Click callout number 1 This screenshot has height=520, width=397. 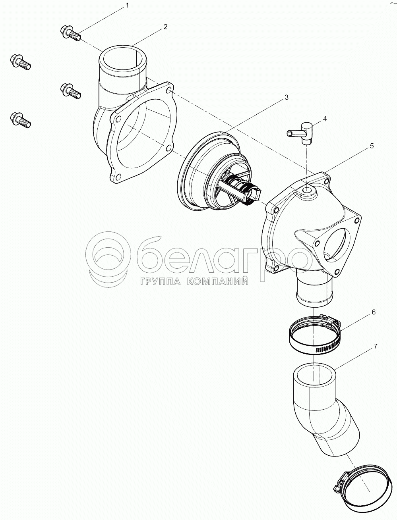(x=127, y=6)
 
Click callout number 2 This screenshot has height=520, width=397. (x=166, y=27)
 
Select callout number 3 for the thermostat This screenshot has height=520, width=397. (x=287, y=97)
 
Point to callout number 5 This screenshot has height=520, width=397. (x=372, y=146)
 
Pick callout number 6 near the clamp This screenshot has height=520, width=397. (x=374, y=312)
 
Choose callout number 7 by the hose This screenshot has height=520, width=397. (x=375, y=347)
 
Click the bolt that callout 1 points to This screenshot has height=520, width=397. (x=71, y=34)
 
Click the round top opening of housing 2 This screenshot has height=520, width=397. (x=123, y=59)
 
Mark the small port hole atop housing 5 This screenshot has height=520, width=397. (x=308, y=190)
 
